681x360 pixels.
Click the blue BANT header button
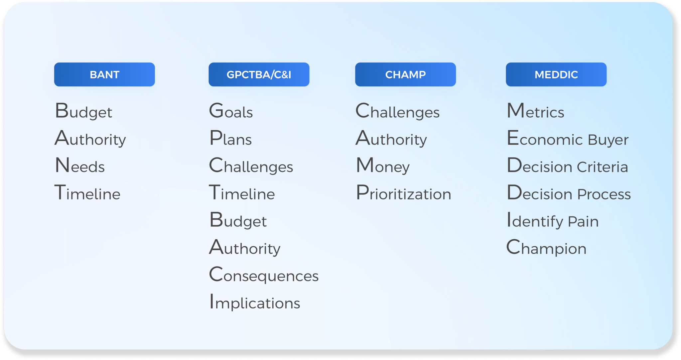[104, 74]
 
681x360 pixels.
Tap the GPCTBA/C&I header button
[259, 74]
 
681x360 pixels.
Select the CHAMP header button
[405, 74]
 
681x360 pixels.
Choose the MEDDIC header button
[556, 74]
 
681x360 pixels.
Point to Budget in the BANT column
[83, 111]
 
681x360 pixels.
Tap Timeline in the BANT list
[87, 192]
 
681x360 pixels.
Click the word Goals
[231, 111]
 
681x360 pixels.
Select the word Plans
[231, 138]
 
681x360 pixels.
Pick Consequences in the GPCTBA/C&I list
[264, 274]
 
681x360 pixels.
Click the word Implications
[255, 302]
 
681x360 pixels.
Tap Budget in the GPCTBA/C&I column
[238, 220]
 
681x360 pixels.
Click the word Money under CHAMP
[383, 166]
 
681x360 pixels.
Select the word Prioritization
[404, 192]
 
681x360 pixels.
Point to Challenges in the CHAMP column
[398, 111]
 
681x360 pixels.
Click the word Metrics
[536, 111]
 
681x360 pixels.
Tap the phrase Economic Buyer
[568, 139]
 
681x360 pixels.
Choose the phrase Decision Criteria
[568, 165]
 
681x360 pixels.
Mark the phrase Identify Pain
[553, 220]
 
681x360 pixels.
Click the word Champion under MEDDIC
[546, 248]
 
